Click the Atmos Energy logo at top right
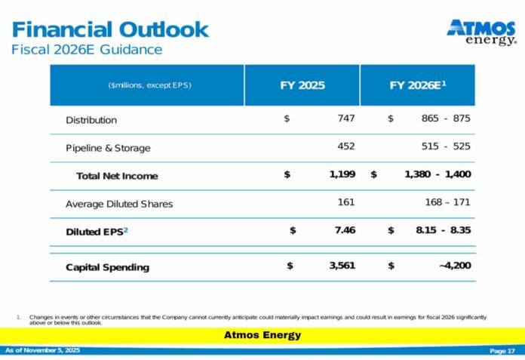tap(481, 32)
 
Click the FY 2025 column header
tap(302, 85)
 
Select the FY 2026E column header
tap(418, 85)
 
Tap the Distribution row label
tap(91, 120)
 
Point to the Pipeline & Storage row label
tap(108, 148)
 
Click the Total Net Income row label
tap(117, 176)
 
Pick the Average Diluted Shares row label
tap(119, 204)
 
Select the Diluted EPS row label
tap(97, 232)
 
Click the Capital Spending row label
tap(107, 267)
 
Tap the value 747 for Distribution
tap(346, 118)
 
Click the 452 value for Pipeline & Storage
tap(346, 146)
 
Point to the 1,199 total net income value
tap(342, 174)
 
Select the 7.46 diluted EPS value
tap(345, 230)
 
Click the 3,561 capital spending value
tap(342, 266)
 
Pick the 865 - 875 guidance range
tap(446, 118)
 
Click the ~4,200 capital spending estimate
tap(454, 266)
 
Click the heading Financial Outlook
tap(110, 29)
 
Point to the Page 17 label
tap(502, 351)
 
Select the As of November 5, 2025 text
tap(42, 351)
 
